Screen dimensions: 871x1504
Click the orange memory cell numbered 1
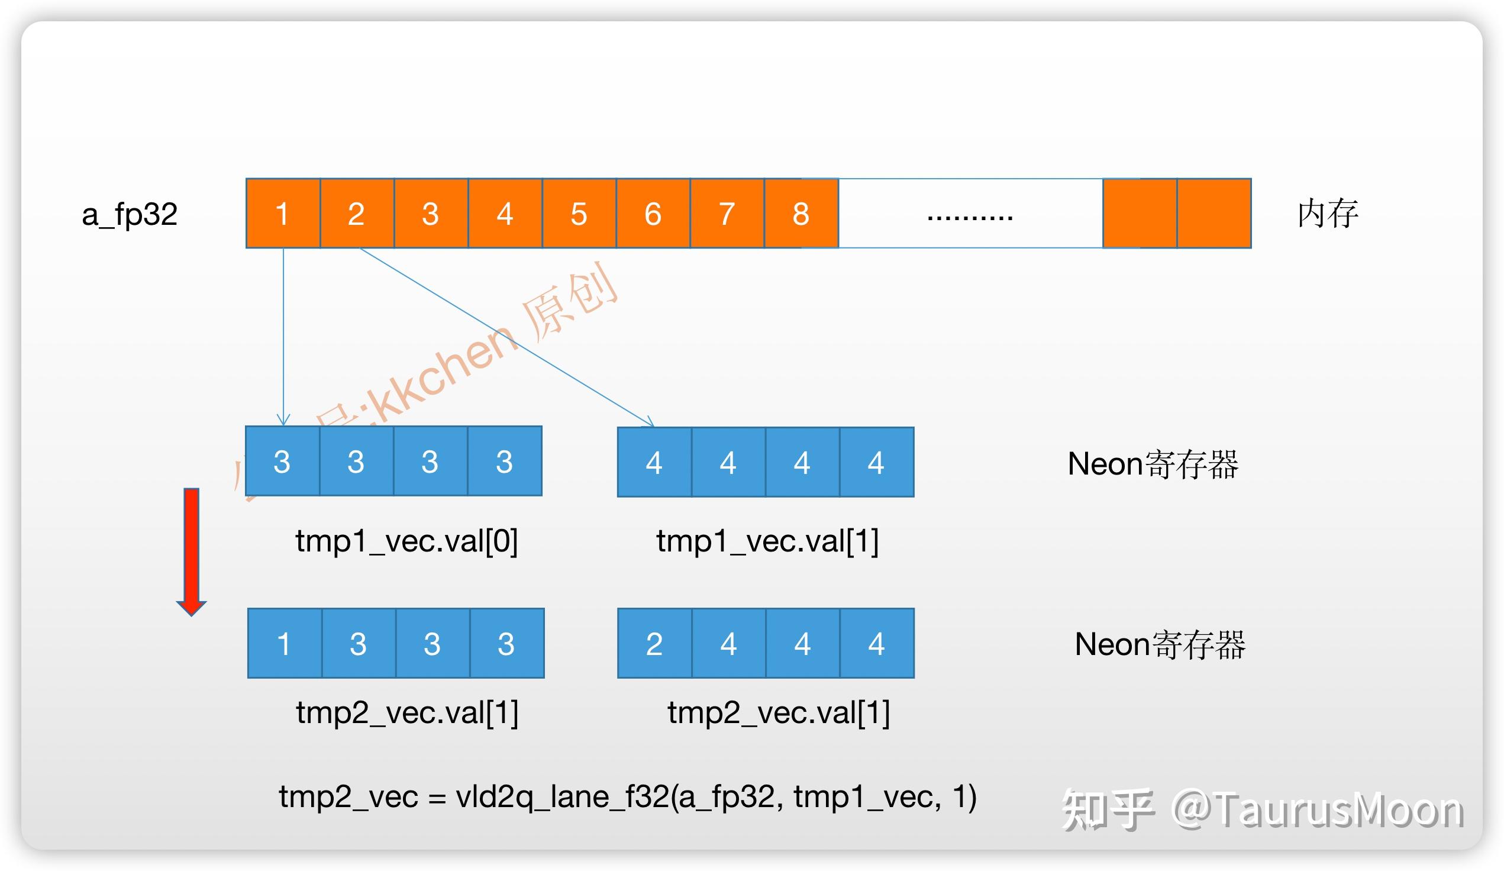point(283,213)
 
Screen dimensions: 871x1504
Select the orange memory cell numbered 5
point(578,213)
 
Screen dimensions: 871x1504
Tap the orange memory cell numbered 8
point(801,213)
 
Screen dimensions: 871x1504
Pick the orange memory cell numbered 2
point(356,213)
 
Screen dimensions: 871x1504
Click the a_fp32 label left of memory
point(130,214)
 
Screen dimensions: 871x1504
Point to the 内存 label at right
point(1327,214)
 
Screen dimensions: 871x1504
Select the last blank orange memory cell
point(1213,213)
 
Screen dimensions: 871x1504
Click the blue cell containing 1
point(284,644)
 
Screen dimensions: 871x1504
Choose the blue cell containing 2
point(654,644)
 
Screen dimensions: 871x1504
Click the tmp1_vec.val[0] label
point(406,541)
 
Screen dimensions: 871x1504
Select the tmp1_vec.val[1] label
point(767,541)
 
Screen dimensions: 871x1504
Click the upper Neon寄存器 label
point(1153,464)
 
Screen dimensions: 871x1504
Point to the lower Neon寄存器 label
point(1160,645)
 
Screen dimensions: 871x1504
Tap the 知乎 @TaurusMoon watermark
point(1262,809)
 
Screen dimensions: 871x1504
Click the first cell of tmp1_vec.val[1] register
point(654,462)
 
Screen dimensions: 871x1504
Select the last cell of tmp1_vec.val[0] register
point(504,461)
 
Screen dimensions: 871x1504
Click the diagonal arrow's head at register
point(651,424)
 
